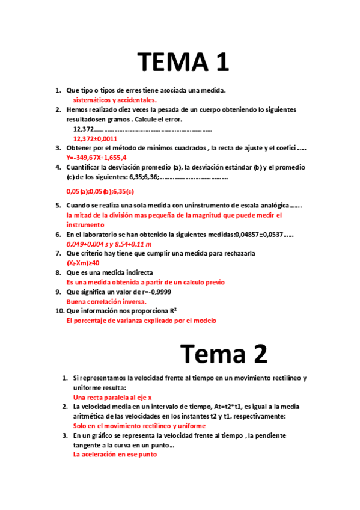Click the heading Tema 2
coord(224,354)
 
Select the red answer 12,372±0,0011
coord(96,138)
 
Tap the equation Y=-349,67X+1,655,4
coord(97,158)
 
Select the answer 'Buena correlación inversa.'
coord(106,301)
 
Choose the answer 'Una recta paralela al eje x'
coord(112,398)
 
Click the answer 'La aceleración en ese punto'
coord(115,455)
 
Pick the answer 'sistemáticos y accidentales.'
coord(115,100)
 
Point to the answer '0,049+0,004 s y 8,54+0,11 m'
coord(109,244)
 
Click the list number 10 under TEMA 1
coord(59,311)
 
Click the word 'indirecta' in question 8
coord(137,272)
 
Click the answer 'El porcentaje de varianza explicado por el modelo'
coord(141,321)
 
